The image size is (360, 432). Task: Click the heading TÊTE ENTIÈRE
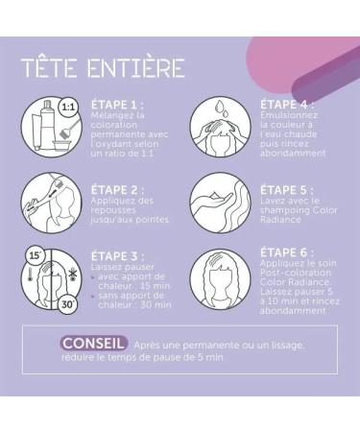103,67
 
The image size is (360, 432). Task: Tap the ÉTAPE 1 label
117,105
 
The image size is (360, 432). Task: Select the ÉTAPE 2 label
118,190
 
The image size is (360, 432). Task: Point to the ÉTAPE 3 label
118,256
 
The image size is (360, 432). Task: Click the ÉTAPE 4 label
287,105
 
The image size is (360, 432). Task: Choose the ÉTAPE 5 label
287,190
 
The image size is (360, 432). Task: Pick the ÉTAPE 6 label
287,252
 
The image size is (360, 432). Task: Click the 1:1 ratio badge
68,107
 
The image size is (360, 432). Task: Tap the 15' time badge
36,256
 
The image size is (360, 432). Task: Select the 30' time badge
67,304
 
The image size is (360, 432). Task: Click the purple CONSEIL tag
93,344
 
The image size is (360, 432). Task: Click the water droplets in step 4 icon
222,108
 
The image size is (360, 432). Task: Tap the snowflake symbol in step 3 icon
71,275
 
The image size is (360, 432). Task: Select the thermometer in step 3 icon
31,276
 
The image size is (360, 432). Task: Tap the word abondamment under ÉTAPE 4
293,153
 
